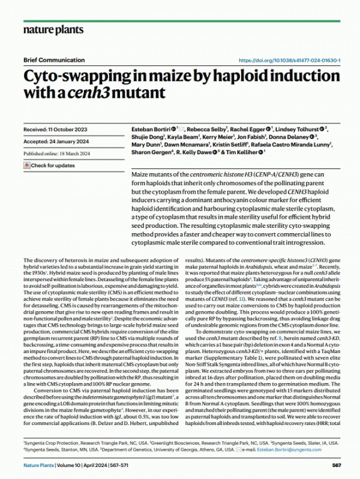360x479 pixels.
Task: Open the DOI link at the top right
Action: pos(290,61)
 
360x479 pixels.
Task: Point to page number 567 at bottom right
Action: pos(337,465)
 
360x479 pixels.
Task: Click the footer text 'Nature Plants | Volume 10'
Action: pos(50,465)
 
